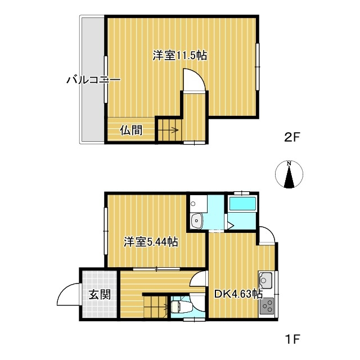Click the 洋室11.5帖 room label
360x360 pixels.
pyautogui.click(x=180, y=56)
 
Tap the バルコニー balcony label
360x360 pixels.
pyautogui.click(x=93, y=80)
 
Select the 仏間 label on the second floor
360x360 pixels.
pyautogui.click(x=131, y=130)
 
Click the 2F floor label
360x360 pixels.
pyautogui.click(x=292, y=137)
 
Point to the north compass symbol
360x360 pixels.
pyautogui.click(x=289, y=174)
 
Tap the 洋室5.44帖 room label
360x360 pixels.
pyautogui.click(x=151, y=241)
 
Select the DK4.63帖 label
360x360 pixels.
pyautogui.click(x=238, y=294)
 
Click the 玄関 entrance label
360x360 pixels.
pyautogui.click(x=100, y=294)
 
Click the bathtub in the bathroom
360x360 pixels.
pyautogui.click(x=242, y=204)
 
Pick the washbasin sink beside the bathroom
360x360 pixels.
pyautogui.click(x=196, y=221)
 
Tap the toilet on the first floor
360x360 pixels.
pyautogui.click(x=178, y=307)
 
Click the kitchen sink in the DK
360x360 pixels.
pyautogui.click(x=266, y=281)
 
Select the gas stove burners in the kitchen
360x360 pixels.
pyautogui.click(x=267, y=306)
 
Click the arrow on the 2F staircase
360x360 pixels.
pyautogui.click(x=174, y=130)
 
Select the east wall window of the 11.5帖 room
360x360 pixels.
pyautogui.click(x=258, y=67)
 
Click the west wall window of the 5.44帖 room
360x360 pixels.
pyautogui.click(x=106, y=231)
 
